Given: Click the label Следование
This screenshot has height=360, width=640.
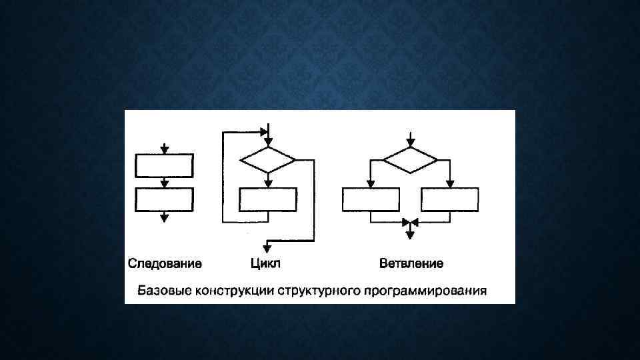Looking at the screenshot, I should [x=165, y=264].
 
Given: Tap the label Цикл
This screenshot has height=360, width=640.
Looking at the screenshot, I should [x=265, y=264].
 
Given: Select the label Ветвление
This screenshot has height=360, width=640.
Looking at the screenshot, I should [x=411, y=264].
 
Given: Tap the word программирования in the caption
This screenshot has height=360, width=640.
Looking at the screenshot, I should [x=421, y=291].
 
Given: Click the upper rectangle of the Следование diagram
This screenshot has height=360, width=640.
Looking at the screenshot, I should [x=164, y=165].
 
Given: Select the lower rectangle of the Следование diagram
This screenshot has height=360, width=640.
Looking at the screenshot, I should [x=164, y=199].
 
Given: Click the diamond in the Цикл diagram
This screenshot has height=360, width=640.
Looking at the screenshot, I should [x=267, y=160].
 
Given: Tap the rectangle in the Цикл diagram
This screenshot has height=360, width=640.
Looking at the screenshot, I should [x=267, y=200].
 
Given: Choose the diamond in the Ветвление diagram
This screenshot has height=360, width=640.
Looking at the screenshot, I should [x=410, y=160].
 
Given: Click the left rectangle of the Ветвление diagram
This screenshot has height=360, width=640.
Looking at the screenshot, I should [x=371, y=200].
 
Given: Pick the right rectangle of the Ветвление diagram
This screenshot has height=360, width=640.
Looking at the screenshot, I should [x=450, y=200].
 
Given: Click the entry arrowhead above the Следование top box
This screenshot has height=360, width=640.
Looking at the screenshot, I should [x=164, y=150].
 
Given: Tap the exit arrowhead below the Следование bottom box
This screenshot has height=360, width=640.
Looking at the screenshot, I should [x=164, y=217].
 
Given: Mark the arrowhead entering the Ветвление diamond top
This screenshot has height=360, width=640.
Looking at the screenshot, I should [x=410, y=143].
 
